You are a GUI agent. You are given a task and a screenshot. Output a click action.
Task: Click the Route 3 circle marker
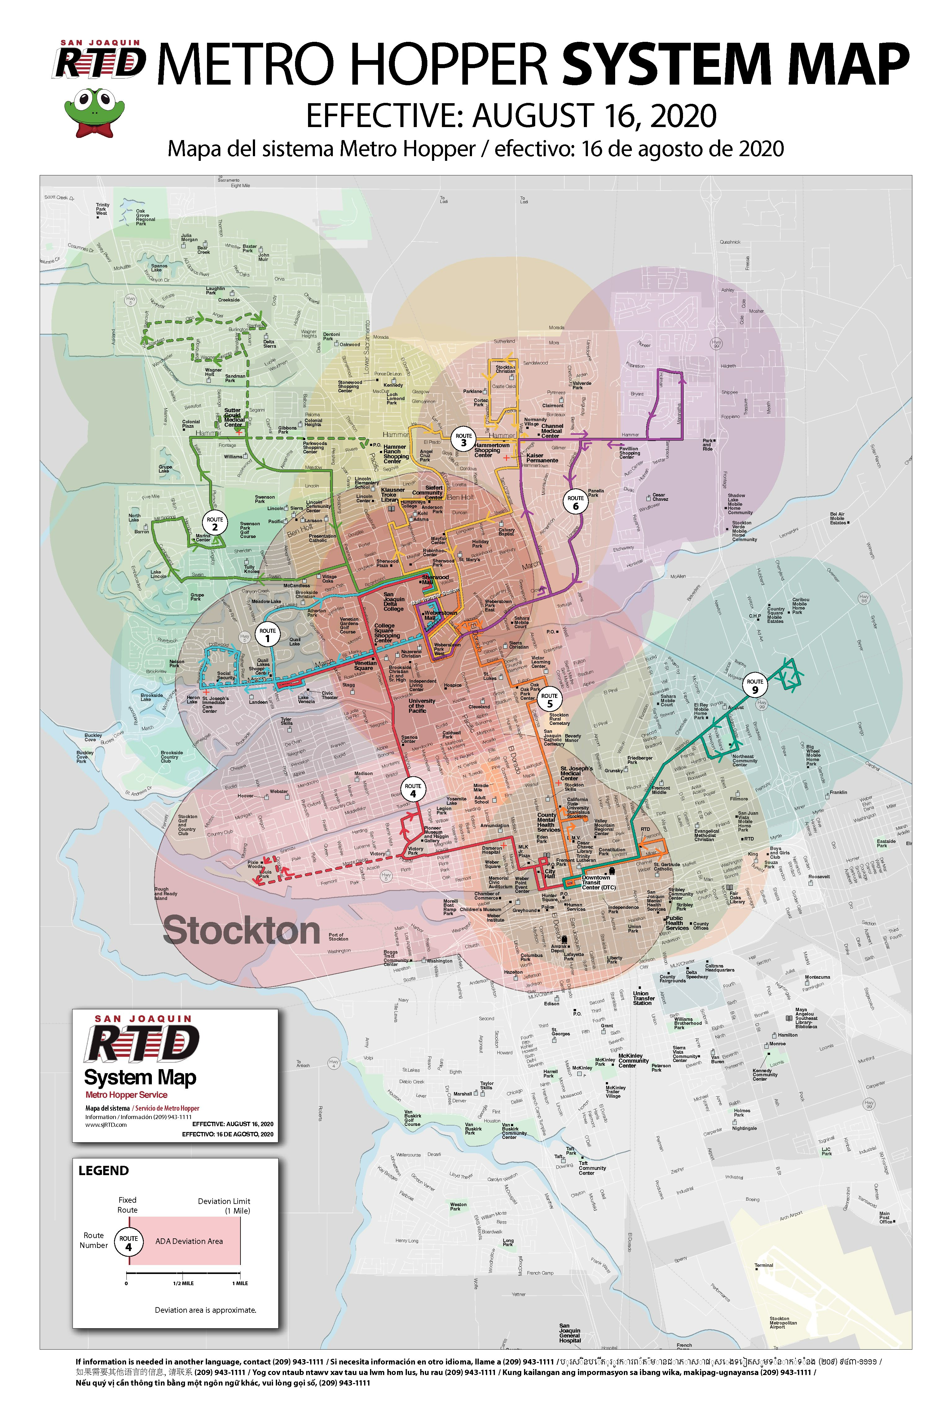pos(463,439)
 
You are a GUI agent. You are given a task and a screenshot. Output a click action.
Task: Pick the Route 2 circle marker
pos(215,523)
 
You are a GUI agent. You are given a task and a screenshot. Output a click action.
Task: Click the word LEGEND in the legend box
pos(104,1170)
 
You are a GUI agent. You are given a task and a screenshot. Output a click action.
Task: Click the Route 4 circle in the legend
pos(128,1242)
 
